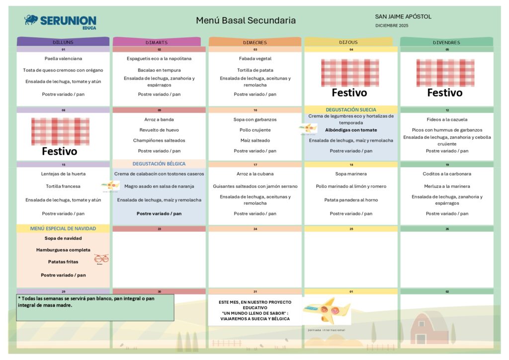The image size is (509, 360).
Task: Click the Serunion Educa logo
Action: tap(60, 21)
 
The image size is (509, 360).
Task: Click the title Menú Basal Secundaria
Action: tap(246, 20)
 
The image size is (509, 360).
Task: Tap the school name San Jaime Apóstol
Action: tap(403, 16)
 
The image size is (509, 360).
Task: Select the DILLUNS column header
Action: tap(63, 42)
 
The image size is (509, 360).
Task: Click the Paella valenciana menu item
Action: tap(63, 59)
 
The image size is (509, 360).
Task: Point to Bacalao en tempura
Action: tap(159, 70)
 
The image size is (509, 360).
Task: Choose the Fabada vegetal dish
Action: tap(255, 59)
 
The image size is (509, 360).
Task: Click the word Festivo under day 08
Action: tap(59, 151)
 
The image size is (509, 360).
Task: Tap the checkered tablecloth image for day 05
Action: tap(445, 73)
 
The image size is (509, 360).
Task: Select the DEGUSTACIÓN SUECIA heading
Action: tap(351, 109)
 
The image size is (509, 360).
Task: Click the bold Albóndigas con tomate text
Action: tap(351, 130)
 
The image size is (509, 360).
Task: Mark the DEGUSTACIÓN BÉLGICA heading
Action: tap(159, 164)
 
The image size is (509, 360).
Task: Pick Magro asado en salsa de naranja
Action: tap(159, 186)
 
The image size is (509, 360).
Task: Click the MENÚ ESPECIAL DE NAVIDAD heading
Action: tap(63, 229)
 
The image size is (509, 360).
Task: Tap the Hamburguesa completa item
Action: tap(63, 250)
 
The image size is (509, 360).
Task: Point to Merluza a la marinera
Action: tap(447, 186)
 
